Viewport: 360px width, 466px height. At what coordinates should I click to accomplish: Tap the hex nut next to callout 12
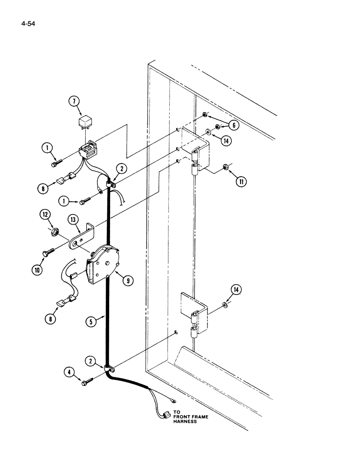pos(55,231)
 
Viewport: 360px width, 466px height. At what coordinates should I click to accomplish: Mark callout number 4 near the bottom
pos(70,372)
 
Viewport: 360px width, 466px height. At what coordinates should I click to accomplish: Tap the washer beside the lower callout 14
pos(225,305)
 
